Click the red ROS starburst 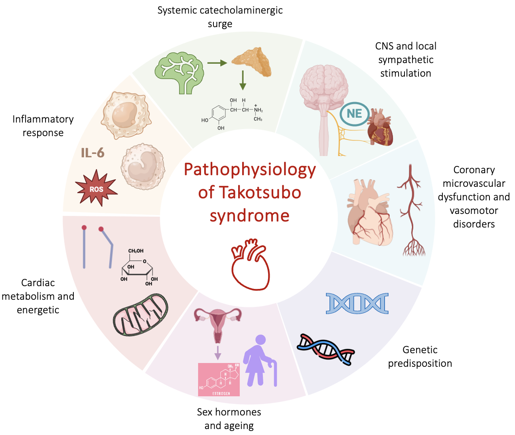pyautogui.click(x=96, y=188)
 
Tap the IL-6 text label pyautogui.click(x=93, y=153)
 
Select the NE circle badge pyautogui.click(x=354, y=114)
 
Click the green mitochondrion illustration pyautogui.click(x=140, y=315)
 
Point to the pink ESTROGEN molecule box pyautogui.click(x=219, y=380)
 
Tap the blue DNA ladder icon pyautogui.click(x=357, y=303)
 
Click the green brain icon pyautogui.click(x=180, y=74)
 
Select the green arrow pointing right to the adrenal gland pyautogui.click(x=217, y=63)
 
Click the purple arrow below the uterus pyautogui.click(x=217, y=352)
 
